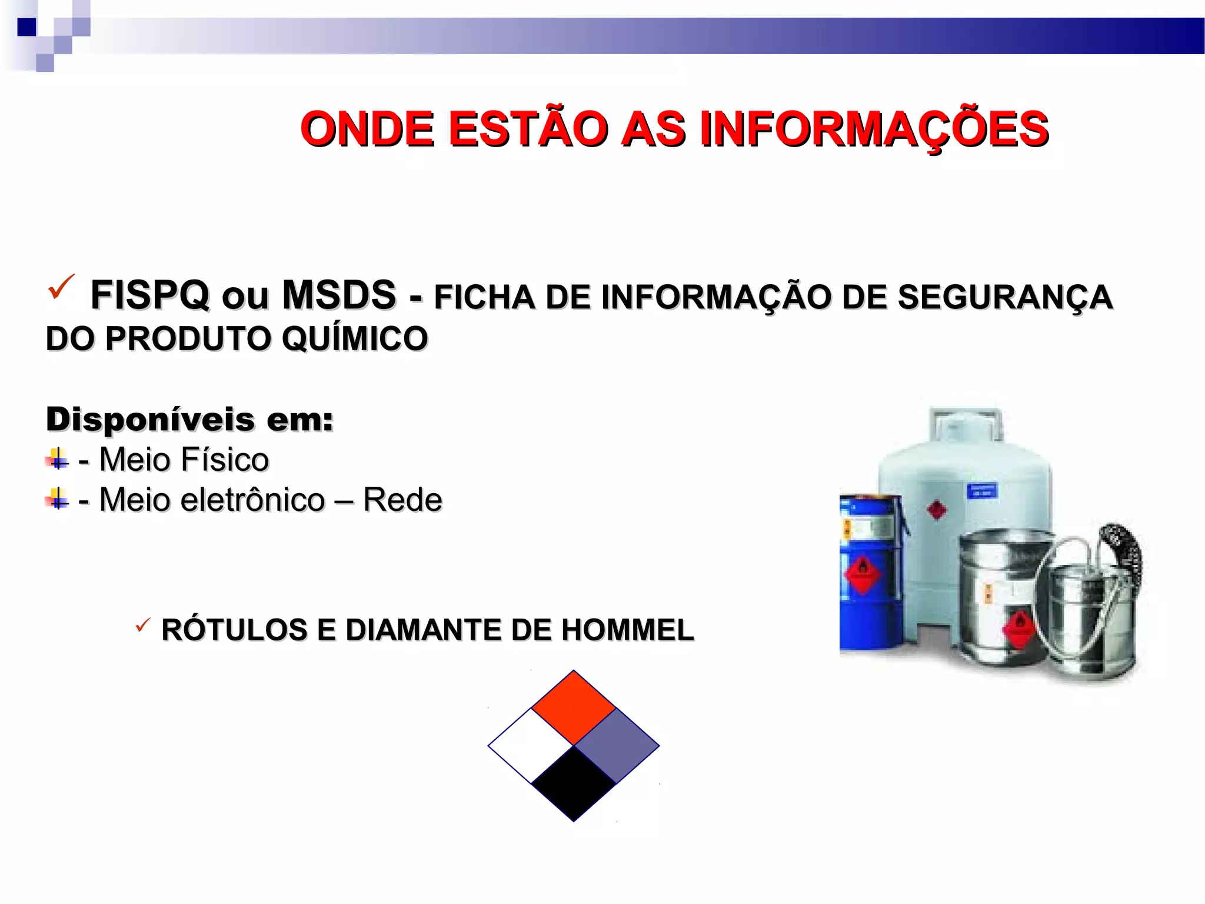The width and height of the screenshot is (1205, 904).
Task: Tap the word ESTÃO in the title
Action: [528, 129]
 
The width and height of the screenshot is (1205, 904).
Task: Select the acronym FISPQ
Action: [150, 295]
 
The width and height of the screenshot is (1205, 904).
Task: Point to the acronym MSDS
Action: [339, 295]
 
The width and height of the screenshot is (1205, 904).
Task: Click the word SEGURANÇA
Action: [1005, 297]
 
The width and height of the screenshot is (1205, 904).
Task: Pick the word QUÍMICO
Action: [355, 339]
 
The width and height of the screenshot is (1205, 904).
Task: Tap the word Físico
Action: [226, 460]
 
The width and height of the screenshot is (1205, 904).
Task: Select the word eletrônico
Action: [252, 500]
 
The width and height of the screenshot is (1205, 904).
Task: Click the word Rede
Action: [402, 500]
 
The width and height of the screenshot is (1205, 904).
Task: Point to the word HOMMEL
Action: [628, 630]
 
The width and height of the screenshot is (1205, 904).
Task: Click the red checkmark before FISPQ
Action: [61, 287]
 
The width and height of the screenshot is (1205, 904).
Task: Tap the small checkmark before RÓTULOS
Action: [142, 625]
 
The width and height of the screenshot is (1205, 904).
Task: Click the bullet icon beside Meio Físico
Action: [57, 459]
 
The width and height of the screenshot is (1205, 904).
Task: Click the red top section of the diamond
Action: [574, 707]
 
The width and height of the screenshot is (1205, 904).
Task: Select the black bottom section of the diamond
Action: [574, 783]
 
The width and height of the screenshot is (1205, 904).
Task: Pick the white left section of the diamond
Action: [531, 746]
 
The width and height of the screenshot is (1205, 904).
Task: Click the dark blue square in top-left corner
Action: [26, 27]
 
